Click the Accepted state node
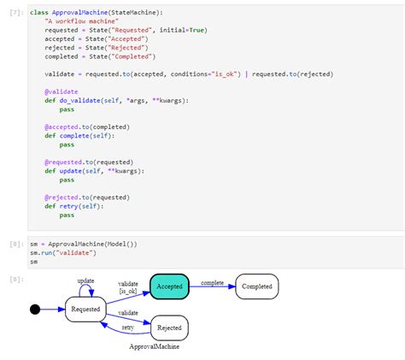169,286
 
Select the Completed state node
257,286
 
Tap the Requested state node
85,309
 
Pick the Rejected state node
169,327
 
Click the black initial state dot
35,309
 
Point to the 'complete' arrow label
213,281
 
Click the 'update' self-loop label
86,280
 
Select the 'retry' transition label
127,327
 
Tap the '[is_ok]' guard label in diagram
128,292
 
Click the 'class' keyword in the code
39,13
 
